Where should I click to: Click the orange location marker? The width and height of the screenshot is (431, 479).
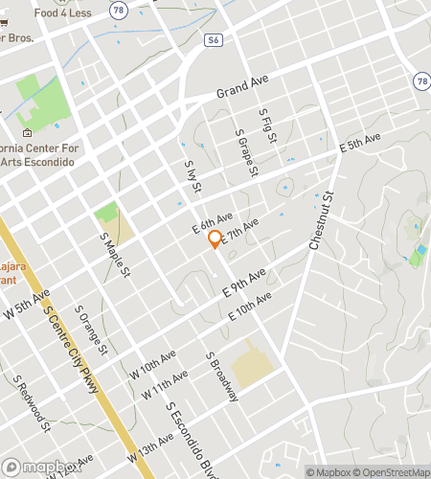pyautogui.click(x=215, y=239)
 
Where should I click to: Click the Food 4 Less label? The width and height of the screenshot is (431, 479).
pyautogui.click(x=62, y=13)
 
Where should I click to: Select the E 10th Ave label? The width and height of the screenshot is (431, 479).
pyautogui.click(x=251, y=308)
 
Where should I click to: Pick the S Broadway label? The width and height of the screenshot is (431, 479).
pyautogui.click(x=219, y=375)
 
